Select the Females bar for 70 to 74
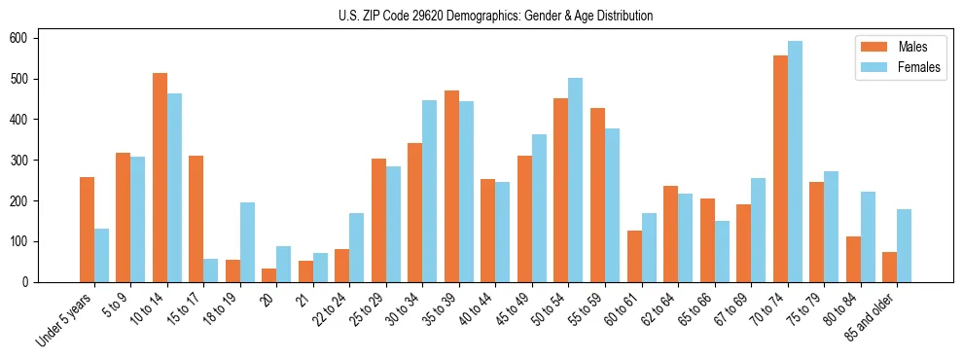pyautogui.click(x=795, y=162)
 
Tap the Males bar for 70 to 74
pyautogui.click(x=780, y=168)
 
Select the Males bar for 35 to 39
pyautogui.click(x=451, y=186)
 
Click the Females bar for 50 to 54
pyautogui.click(x=576, y=180)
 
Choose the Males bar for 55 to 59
pyautogui.click(x=597, y=195)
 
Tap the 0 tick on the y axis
pyautogui.click(x=35, y=282)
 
